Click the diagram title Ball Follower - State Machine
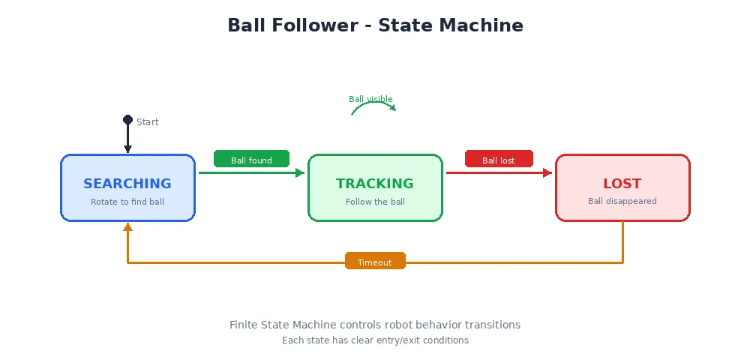tap(375, 25)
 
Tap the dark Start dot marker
tap(127, 120)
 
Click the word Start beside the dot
tap(148, 122)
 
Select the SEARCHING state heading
tap(127, 184)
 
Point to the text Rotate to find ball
tap(127, 202)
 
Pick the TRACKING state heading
tap(375, 184)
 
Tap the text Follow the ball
tap(375, 202)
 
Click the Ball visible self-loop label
tap(370, 99)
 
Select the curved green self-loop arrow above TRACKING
tap(373, 105)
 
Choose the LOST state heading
tap(622, 184)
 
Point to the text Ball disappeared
tap(622, 201)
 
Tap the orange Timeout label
tap(375, 262)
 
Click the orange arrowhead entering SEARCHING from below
tap(127, 226)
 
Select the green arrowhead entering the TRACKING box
tap(300, 173)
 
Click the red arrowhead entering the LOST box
tap(547, 173)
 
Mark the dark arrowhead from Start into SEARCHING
tap(127, 149)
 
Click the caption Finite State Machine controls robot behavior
tap(375, 325)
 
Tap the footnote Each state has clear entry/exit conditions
tap(375, 340)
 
